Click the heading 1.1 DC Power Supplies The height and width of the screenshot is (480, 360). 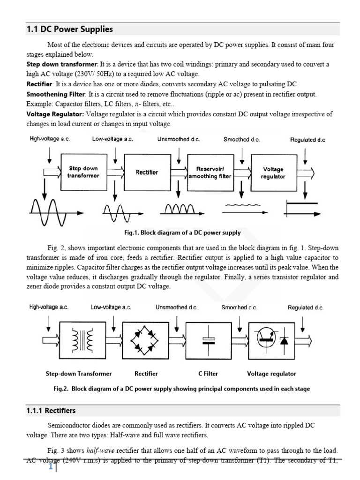[x=69, y=29]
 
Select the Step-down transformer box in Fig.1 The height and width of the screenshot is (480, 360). [x=83, y=172]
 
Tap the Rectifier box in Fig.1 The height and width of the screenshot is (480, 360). [x=147, y=172]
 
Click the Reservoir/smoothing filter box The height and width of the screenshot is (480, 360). [x=210, y=172]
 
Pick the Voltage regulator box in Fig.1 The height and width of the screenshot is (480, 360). [x=273, y=172]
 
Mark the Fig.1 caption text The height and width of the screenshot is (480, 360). [x=183, y=232]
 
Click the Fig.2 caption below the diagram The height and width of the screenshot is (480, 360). [x=182, y=389]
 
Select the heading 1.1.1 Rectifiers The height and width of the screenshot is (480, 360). [x=51, y=411]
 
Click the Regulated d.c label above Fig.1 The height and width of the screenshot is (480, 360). [x=307, y=140]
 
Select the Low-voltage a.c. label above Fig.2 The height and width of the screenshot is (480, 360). [x=111, y=307]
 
